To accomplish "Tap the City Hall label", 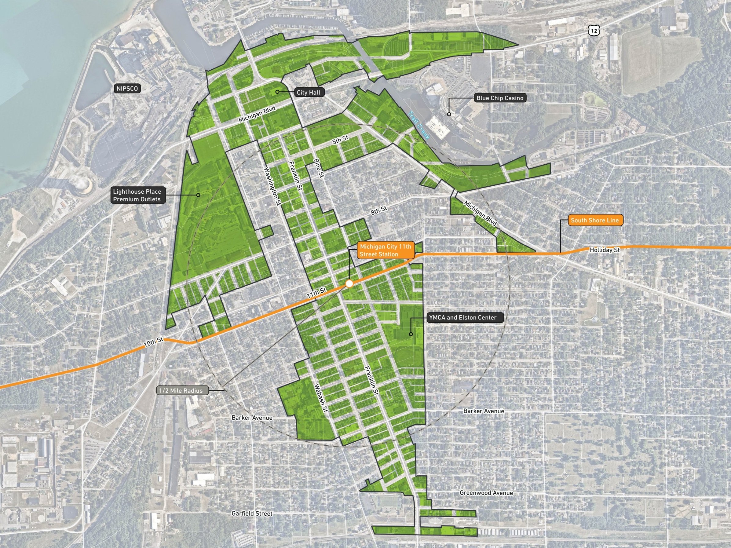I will click(308, 93).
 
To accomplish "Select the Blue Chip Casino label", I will click(500, 98).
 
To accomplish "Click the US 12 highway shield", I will click(594, 31).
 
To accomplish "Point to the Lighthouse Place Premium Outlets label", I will click(137, 195).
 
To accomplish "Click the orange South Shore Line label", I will click(594, 221).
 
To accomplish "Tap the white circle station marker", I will click(349, 283).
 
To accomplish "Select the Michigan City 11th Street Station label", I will click(385, 250).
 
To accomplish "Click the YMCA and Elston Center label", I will click(462, 318).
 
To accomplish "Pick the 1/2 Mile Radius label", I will click(181, 390).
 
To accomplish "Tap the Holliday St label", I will click(605, 250).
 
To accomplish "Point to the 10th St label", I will click(153, 342).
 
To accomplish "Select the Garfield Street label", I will click(252, 513).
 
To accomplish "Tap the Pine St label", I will click(318, 168).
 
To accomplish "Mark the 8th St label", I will click(379, 210).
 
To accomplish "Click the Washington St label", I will click(272, 186).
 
